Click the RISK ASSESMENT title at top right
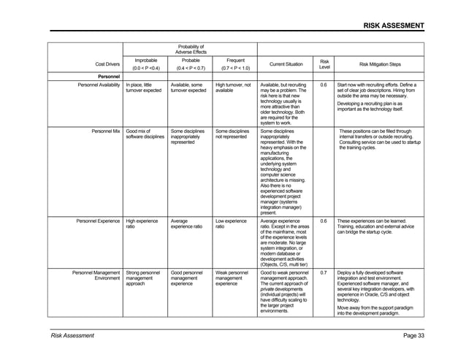(x=394, y=27)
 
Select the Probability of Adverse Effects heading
(x=191, y=49)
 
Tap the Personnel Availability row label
(x=93, y=85)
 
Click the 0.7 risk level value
(x=324, y=272)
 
